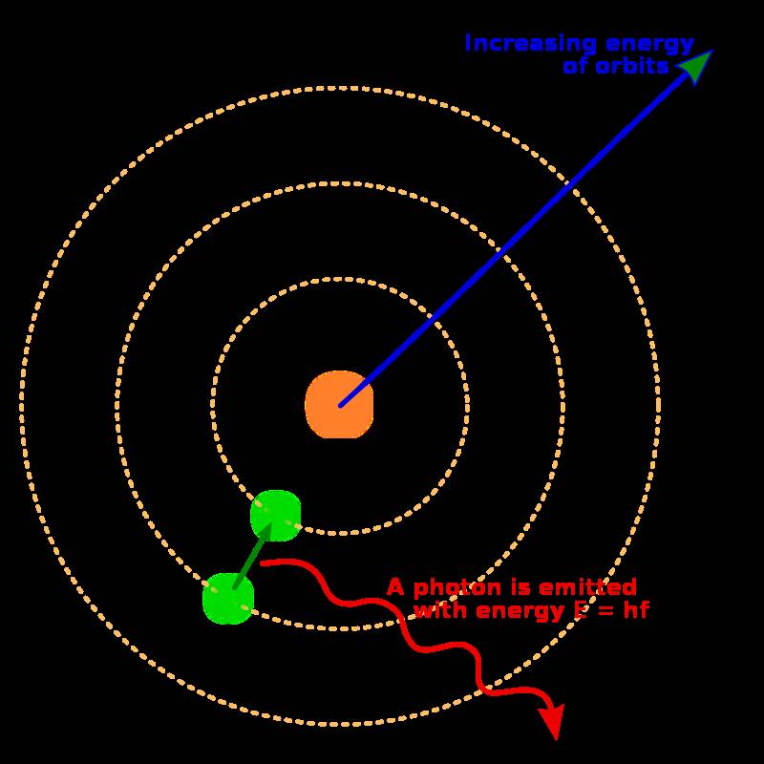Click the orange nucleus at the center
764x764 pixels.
pyautogui.click(x=339, y=404)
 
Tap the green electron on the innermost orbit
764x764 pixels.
pyautogui.click(x=275, y=515)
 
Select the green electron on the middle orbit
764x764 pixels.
pyautogui.click(x=228, y=599)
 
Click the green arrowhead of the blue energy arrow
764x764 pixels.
pyautogui.click(x=696, y=66)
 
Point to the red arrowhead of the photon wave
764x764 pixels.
pyautogui.click(x=553, y=720)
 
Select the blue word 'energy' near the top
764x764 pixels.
pyautogui.click(x=649, y=45)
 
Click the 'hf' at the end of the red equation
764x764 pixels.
pyautogui.click(x=636, y=609)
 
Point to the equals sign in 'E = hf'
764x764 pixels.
pyautogui.click(x=605, y=610)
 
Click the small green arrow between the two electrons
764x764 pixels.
pyautogui.click(x=251, y=556)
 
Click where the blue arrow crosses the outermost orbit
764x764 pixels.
pyautogui.click(x=571, y=185)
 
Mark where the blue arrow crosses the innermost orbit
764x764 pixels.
pyautogui.click(x=432, y=317)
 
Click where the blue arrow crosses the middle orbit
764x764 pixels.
pyautogui.click(x=501, y=251)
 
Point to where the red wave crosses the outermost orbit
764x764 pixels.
pyautogui.click(x=483, y=688)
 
